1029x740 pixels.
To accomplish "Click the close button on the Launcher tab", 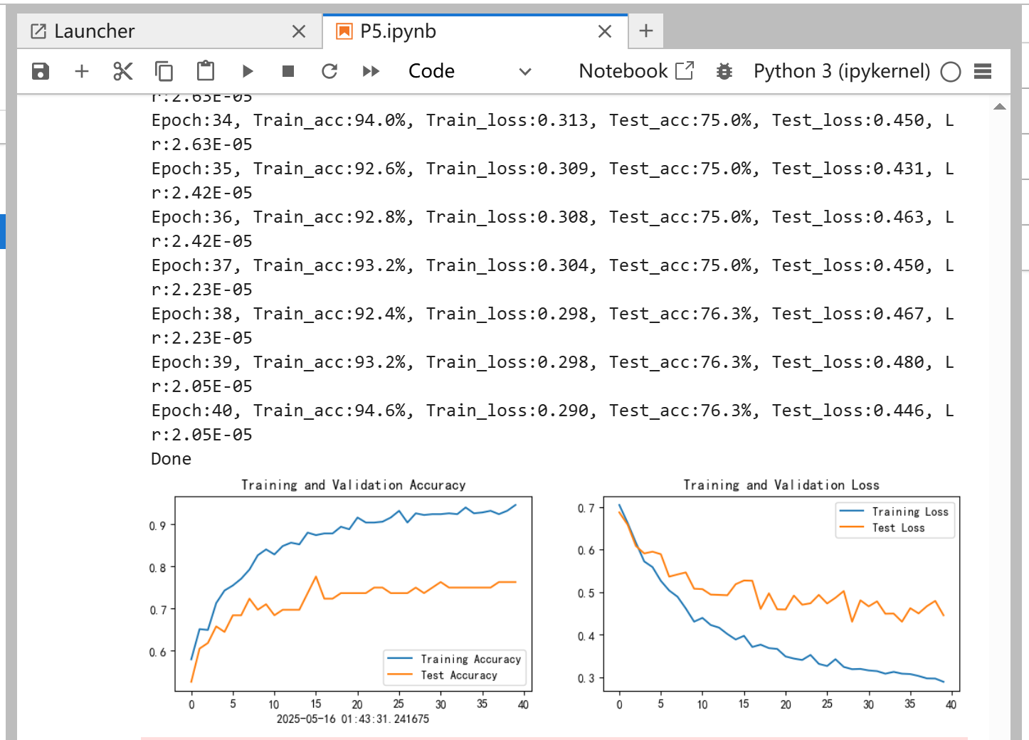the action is click(299, 32).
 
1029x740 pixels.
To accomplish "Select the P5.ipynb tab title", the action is click(398, 31).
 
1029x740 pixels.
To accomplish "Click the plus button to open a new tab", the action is click(646, 31).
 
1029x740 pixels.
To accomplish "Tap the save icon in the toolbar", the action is click(41, 71).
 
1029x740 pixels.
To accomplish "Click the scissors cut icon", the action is click(122, 71).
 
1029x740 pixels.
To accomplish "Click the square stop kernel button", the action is click(288, 71).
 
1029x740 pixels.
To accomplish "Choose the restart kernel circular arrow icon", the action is click(329, 71).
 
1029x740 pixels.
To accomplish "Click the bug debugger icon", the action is click(724, 71).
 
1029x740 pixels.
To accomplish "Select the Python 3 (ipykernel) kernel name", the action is click(842, 71).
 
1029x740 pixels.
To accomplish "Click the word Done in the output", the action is click(171, 459).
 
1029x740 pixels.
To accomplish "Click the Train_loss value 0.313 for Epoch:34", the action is click(563, 120).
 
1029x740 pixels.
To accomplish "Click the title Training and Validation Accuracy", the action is click(353, 485).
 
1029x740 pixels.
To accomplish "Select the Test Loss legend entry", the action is click(898, 528).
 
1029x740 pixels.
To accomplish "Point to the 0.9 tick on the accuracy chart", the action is click(157, 526).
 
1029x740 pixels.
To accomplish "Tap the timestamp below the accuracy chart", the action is click(353, 719).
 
